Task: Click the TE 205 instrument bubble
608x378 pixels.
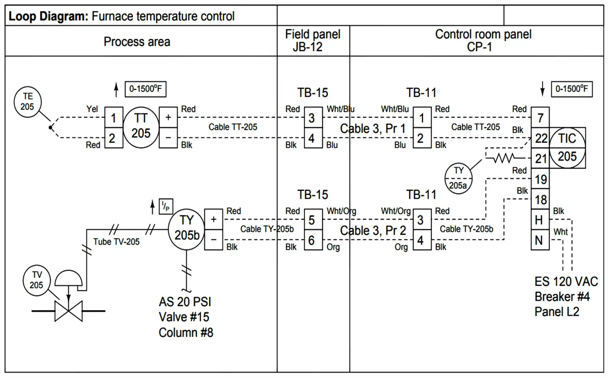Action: coord(28,103)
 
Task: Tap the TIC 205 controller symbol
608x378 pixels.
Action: coord(567,148)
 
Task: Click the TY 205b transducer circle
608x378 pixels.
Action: coord(186,228)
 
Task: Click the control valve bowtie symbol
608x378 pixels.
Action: coord(68,311)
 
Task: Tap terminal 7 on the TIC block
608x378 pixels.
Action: coord(540,118)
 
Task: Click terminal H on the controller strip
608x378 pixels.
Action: coord(540,220)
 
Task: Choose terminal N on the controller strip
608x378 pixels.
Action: coord(540,240)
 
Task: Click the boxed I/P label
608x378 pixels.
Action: coord(165,206)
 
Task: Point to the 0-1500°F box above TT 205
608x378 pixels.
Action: coord(145,90)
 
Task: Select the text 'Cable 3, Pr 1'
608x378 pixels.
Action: coord(373,129)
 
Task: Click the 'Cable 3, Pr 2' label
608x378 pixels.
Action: coord(373,231)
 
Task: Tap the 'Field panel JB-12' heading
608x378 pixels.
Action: coord(313,41)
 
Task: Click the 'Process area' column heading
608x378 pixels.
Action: coord(137,42)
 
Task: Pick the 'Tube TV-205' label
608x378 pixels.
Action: coord(117,242)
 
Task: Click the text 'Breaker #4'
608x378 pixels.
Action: coord(561,297)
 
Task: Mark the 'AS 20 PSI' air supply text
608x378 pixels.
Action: coord(185,302)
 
